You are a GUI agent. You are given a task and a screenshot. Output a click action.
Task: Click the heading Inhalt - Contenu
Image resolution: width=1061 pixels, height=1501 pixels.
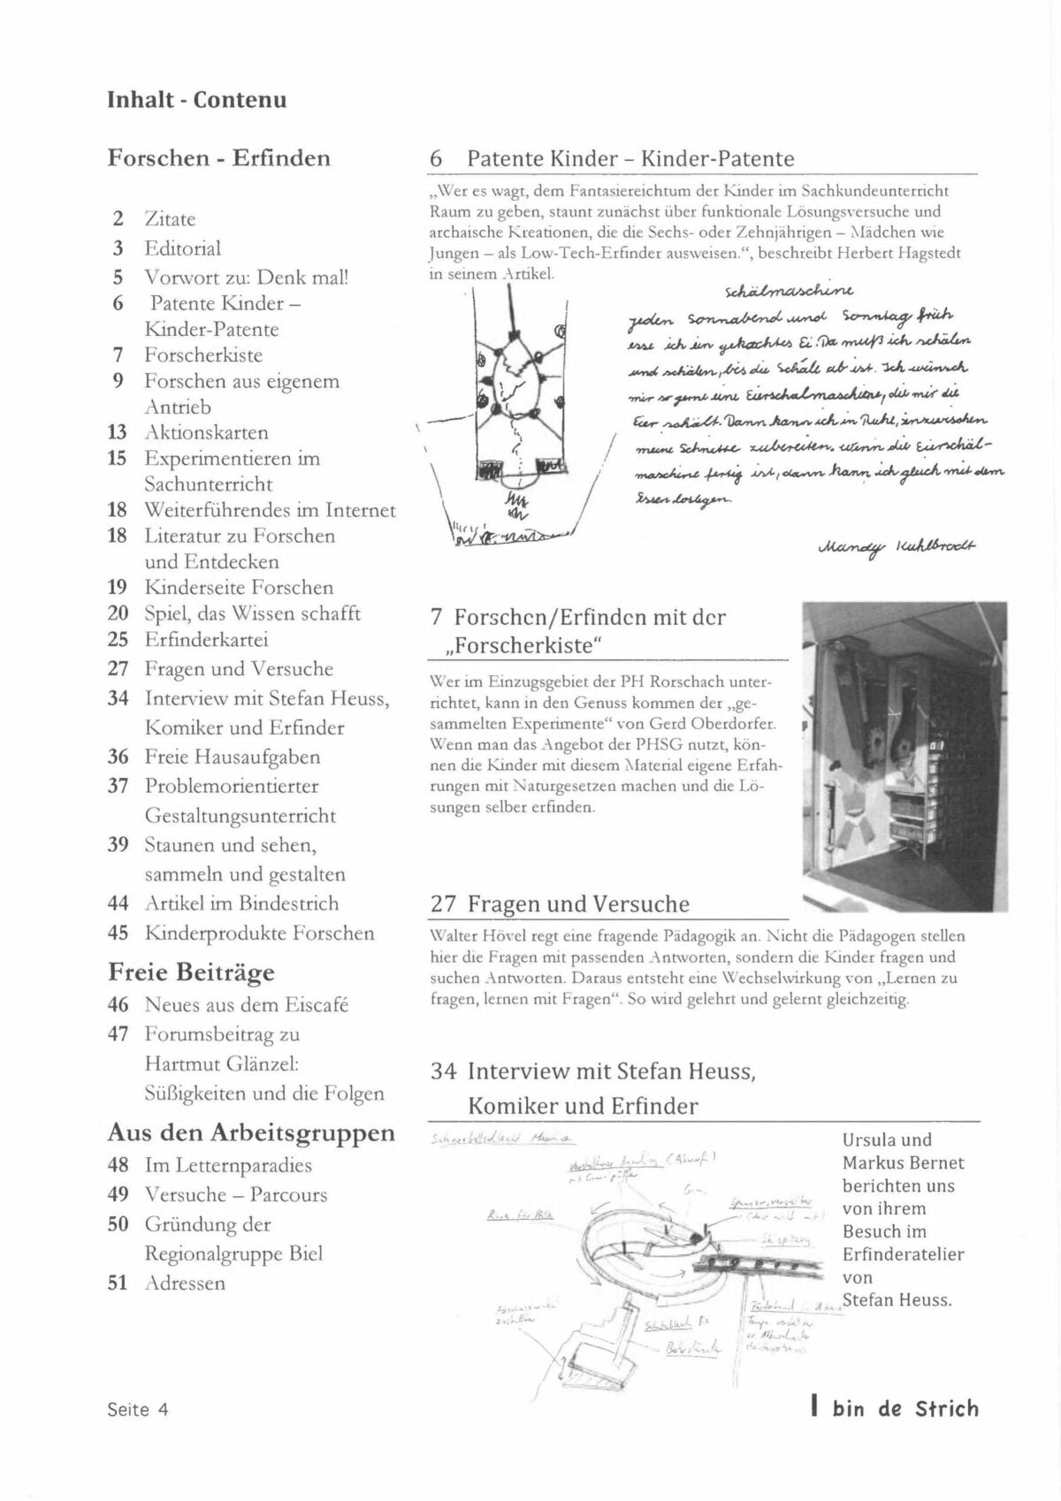point(196,99)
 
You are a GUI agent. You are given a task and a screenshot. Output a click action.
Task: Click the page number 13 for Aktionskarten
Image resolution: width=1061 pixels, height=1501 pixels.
point(118,432)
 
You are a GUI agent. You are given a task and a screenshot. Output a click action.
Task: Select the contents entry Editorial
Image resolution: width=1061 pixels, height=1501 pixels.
point(183,248)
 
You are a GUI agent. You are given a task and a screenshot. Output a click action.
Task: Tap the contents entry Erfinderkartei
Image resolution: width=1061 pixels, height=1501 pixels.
point(206,639)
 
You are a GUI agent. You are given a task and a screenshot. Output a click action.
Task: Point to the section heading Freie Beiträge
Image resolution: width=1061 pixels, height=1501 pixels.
point(191,972)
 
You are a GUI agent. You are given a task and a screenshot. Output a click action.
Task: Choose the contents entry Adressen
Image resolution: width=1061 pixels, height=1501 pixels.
point(185,1283)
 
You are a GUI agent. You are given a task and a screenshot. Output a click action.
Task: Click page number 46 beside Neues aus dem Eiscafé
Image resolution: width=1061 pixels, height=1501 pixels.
point(118,1005)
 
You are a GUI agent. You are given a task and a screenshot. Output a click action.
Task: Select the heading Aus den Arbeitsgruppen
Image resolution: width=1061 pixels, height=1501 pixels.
point(251,1132)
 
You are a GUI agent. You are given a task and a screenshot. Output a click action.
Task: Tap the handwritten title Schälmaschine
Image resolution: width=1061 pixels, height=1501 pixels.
point(789,291)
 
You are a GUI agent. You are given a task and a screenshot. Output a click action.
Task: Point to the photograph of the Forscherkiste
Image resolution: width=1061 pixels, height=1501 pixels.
point(905,755)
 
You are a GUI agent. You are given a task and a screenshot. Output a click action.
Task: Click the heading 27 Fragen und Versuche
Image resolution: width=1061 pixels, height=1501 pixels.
point(560,904)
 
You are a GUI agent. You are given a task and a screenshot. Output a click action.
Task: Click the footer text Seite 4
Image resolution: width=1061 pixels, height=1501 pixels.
point(138,1410)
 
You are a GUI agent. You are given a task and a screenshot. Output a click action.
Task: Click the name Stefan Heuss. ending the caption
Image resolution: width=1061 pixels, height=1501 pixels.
point(897,1300)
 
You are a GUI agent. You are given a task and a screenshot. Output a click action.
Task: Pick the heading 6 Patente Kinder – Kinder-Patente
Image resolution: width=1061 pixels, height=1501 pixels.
point(612,159)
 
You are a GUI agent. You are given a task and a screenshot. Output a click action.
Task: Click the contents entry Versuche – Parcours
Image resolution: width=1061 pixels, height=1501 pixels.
point(235,1195)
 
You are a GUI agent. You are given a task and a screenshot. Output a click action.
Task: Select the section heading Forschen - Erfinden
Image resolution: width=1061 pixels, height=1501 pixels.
point(218,158)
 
